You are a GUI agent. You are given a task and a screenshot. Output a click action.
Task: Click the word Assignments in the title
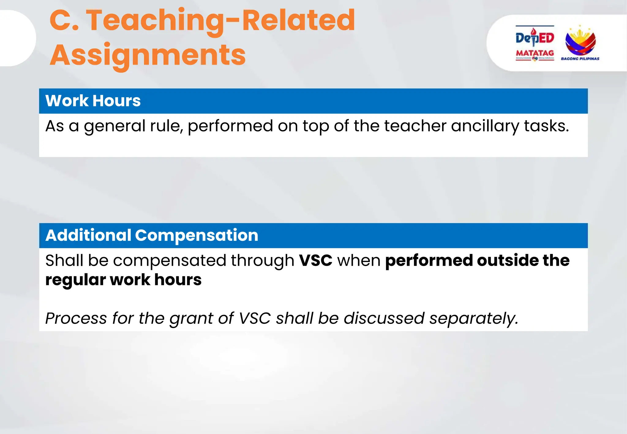tap(148, 55)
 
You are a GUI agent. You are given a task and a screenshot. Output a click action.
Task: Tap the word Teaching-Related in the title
tap(220, 21)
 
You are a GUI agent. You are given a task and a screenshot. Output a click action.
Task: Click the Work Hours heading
tap(93, 101)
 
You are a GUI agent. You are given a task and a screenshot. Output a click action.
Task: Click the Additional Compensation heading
tap(152, 235)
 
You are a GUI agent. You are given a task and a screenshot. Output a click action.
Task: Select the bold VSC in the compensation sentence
tap(315, 261)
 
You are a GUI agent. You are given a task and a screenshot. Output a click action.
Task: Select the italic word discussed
tap(384, 318)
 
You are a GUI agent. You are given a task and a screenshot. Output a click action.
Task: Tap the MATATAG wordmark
tap(535, 53)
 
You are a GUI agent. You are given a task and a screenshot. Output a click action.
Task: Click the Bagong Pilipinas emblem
tap(580, 41)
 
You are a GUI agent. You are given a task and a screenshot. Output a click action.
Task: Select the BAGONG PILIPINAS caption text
tap(580, 59)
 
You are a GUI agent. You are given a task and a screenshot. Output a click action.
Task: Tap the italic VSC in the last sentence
tap(255, 318)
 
